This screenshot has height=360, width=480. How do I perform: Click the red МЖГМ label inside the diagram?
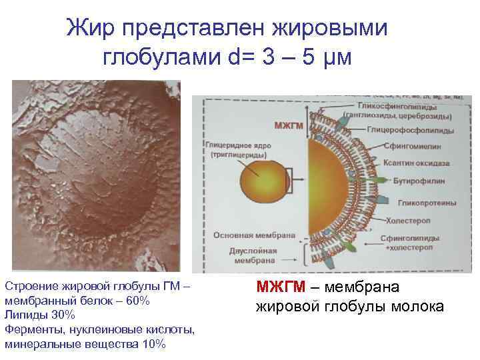(288, 125)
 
